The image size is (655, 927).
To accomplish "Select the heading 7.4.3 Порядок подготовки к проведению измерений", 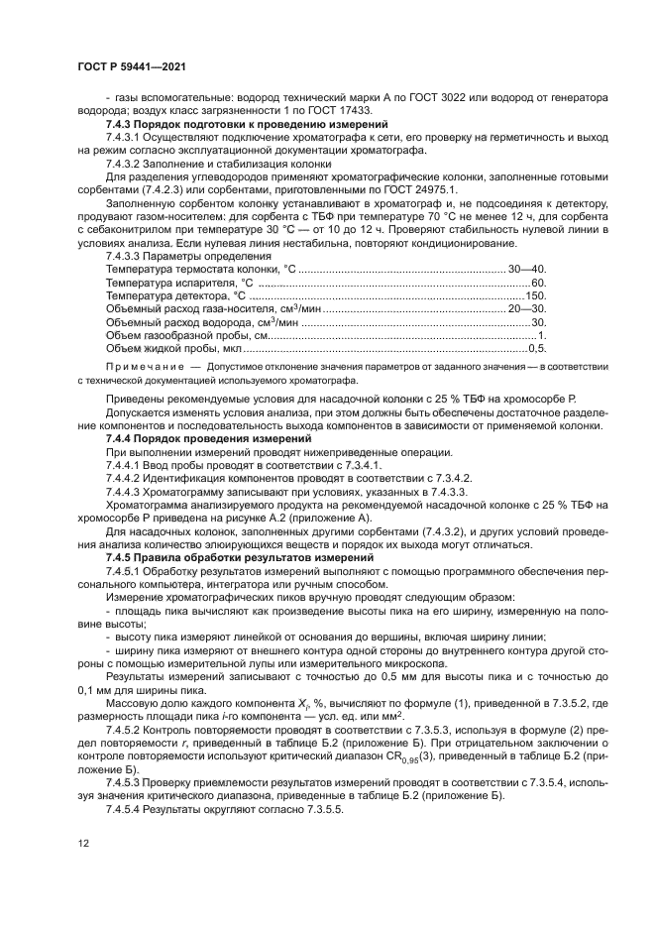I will (246, 125).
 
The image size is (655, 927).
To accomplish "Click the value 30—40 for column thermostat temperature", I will (528, 269).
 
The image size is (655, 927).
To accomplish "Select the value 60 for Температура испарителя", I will (539, 283).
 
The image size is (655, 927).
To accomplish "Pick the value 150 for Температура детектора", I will (536, 295).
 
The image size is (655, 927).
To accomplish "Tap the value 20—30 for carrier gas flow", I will (528, 309).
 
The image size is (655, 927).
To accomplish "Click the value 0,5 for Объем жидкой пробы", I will (538, 349).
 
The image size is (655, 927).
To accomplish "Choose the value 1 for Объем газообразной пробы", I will (542, 336).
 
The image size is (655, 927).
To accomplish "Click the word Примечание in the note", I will (143, 366).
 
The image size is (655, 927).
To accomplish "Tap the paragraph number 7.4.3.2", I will (126, 164).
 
